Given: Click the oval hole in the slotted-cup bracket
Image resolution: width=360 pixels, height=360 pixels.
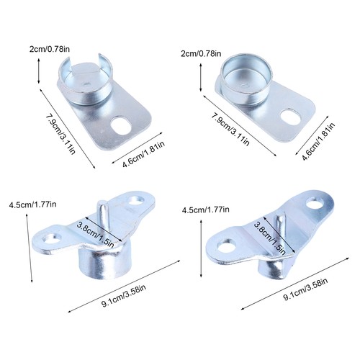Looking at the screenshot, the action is tap(120, 126).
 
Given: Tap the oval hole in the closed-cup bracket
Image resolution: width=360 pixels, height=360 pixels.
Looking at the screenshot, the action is tap(291, 117).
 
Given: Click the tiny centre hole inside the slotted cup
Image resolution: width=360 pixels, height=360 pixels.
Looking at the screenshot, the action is tap(86, 84).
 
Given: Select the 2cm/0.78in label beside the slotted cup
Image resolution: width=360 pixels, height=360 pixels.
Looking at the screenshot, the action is tap(50, 49).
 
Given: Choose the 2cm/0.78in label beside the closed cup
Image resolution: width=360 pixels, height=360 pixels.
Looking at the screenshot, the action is tap(201, 53).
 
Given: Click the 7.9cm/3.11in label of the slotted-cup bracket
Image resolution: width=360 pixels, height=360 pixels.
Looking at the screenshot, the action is tap(61, 134).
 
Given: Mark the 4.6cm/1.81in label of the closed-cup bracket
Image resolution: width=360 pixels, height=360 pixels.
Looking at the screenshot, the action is tap(318, 141).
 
